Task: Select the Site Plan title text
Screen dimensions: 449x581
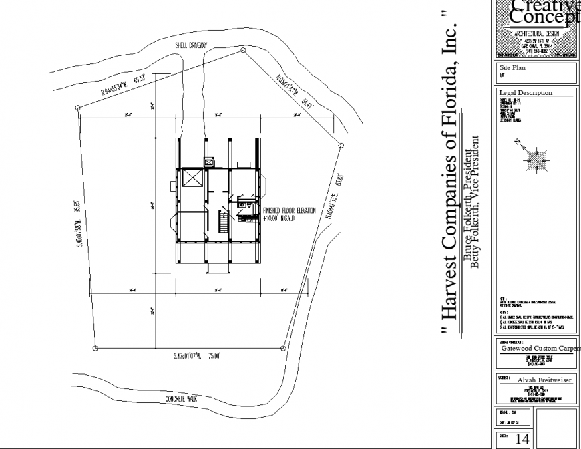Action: [x=514, y=68]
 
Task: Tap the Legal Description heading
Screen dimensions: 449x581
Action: [x=526, y=92]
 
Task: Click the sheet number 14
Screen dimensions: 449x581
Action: [x=522, y=439]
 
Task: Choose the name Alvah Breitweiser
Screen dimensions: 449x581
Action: [x=542, y=380]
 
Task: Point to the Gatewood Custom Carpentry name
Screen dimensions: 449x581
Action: [x=540, y=348]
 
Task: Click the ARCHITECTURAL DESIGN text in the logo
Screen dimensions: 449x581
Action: [x=536, y=33]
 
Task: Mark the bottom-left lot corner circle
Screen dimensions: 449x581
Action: [x=95, y=348]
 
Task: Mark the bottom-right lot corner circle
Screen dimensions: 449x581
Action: [x=284, y=347]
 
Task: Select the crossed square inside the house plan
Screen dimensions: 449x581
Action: [x=192, y=179]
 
